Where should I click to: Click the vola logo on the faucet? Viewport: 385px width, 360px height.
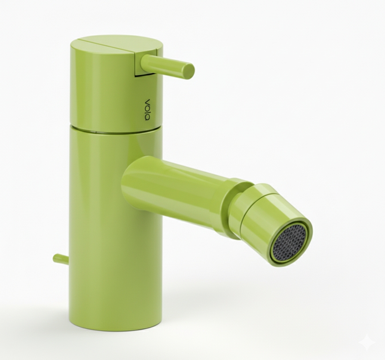pos(147,110)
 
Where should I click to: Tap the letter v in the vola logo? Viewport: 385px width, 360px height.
pos(147,101)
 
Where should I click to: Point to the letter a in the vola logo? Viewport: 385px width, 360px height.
pos(147,118)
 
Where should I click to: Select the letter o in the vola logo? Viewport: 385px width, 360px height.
pos(147,107)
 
